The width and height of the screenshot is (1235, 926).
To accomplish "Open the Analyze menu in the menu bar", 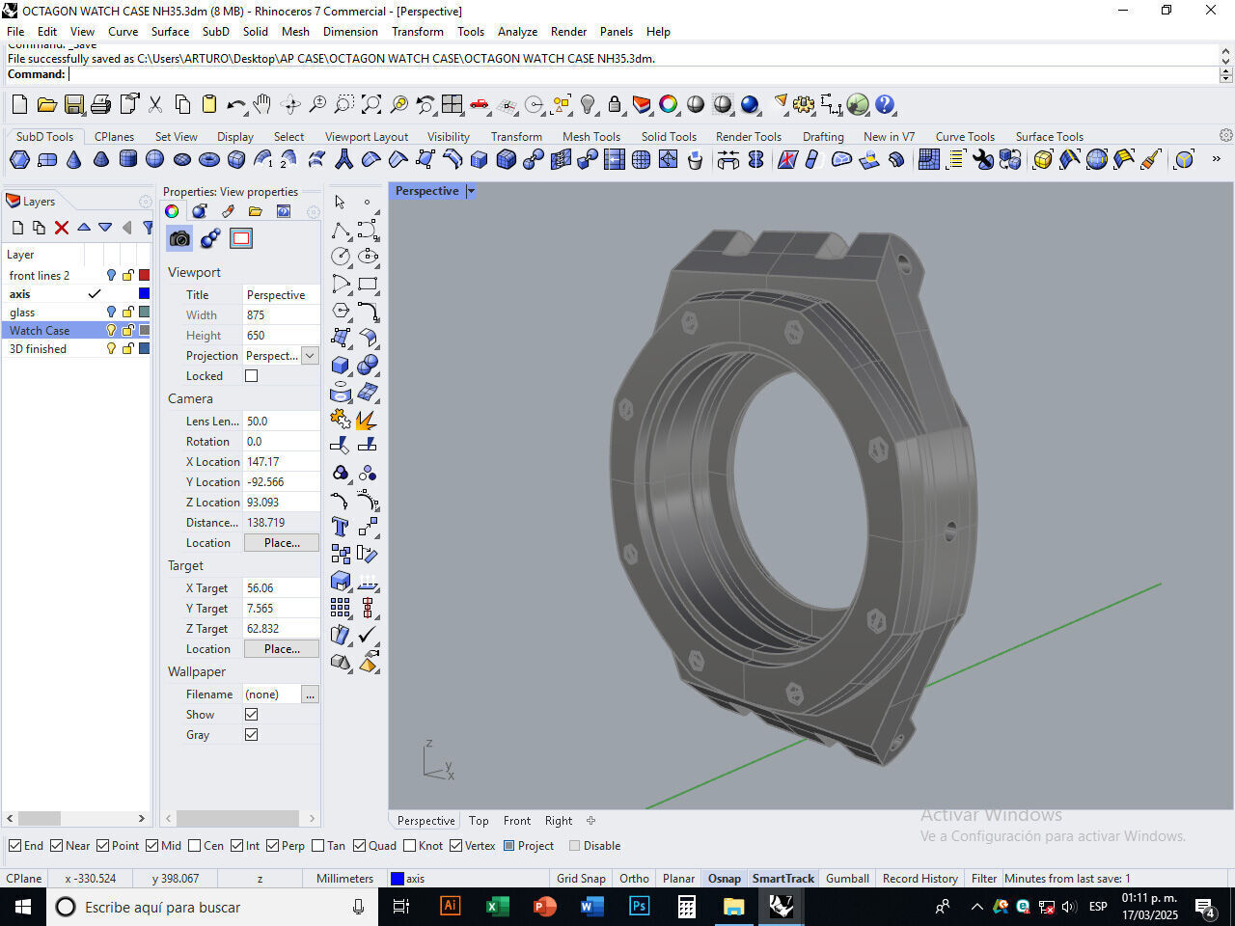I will click(517, 31).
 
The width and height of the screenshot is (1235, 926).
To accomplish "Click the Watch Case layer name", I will click(40, 330).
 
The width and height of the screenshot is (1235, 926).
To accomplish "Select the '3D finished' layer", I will click(39, 348).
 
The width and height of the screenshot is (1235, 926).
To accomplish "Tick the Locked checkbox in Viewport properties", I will click(251, 376).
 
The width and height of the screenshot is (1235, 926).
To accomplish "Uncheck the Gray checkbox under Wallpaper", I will click(251, 735).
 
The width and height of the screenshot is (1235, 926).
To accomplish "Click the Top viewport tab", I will click(479, 821).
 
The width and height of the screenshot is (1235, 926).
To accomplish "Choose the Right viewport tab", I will click(559, 821).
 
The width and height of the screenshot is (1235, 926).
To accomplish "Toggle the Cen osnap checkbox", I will click(195, 846).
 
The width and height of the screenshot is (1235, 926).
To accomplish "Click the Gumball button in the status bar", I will click(847, 878).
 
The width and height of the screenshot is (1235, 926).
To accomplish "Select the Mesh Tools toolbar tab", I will click(591, 136).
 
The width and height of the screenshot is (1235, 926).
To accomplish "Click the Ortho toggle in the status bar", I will click(634, 878).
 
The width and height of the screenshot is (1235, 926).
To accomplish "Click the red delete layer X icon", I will click(62, 228).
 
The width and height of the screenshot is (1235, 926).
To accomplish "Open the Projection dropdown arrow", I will click(310, 356).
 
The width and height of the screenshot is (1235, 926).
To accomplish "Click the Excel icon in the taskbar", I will click(497, 906).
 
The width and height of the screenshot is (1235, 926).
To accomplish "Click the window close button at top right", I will click(1211, 11).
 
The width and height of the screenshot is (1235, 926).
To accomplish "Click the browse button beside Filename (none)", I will click(310, 694).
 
